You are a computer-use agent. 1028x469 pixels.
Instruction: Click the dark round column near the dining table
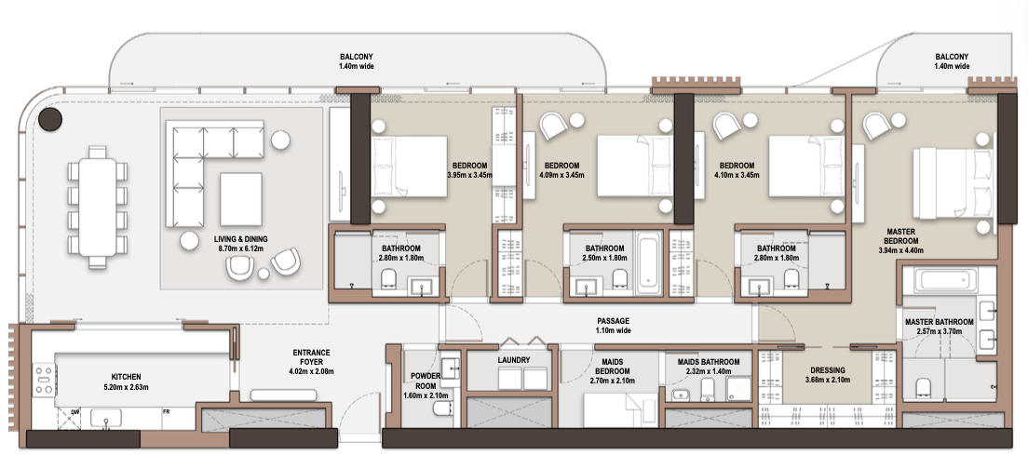[x=50, y=119]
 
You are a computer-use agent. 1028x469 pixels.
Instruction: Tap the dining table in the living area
[x=97, y=207]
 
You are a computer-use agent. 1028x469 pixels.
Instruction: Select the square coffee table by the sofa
[x=240, y=199]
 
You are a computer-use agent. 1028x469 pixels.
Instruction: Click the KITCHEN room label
[x=126, y=377]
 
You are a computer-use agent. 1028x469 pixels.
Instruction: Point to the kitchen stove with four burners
[x=45, y=381]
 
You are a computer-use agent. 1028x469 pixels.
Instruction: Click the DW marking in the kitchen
[x=74, y=411]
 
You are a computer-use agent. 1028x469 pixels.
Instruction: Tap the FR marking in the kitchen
[x=167, y=411]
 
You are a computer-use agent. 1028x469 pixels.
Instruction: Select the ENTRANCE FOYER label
[x=311, y=357]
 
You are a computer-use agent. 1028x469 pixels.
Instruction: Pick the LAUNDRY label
[x=513, y=360]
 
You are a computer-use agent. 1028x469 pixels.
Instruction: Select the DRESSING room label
[x=828, y=370]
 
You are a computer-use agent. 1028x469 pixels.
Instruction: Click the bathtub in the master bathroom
[x=940, y=280]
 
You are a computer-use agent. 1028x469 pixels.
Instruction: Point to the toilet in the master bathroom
[x=923, y=387]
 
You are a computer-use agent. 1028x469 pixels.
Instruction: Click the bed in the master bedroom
[x=956, y=183]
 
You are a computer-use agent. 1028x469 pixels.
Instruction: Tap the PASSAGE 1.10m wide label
[x=613, y=326]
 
